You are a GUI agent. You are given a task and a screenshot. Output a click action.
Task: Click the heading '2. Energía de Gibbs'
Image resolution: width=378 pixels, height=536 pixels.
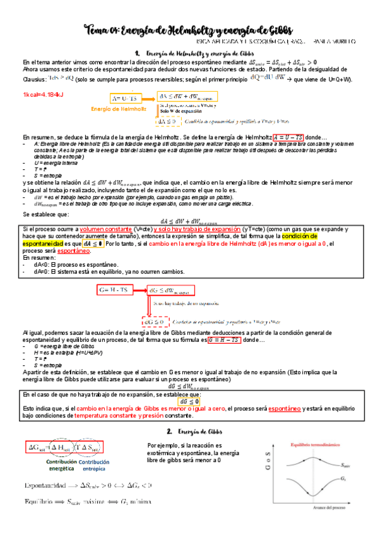click(x=192, y=431)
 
